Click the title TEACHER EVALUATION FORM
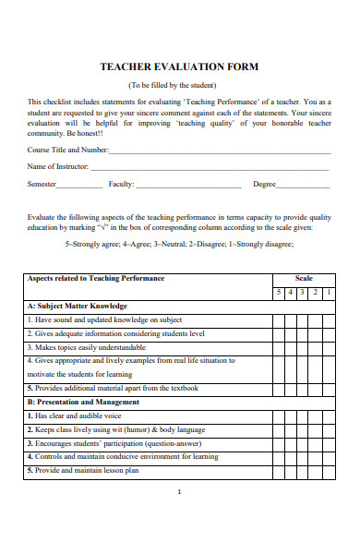179,66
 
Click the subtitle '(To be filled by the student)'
179,85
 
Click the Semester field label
42,184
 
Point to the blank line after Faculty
188,185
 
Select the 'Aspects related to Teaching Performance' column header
96,278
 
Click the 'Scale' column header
304,278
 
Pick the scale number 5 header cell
279,292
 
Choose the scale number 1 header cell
330,292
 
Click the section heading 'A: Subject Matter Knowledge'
78,306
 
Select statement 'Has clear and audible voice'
75,416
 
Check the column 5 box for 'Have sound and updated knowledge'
279,319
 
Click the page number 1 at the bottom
179,517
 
